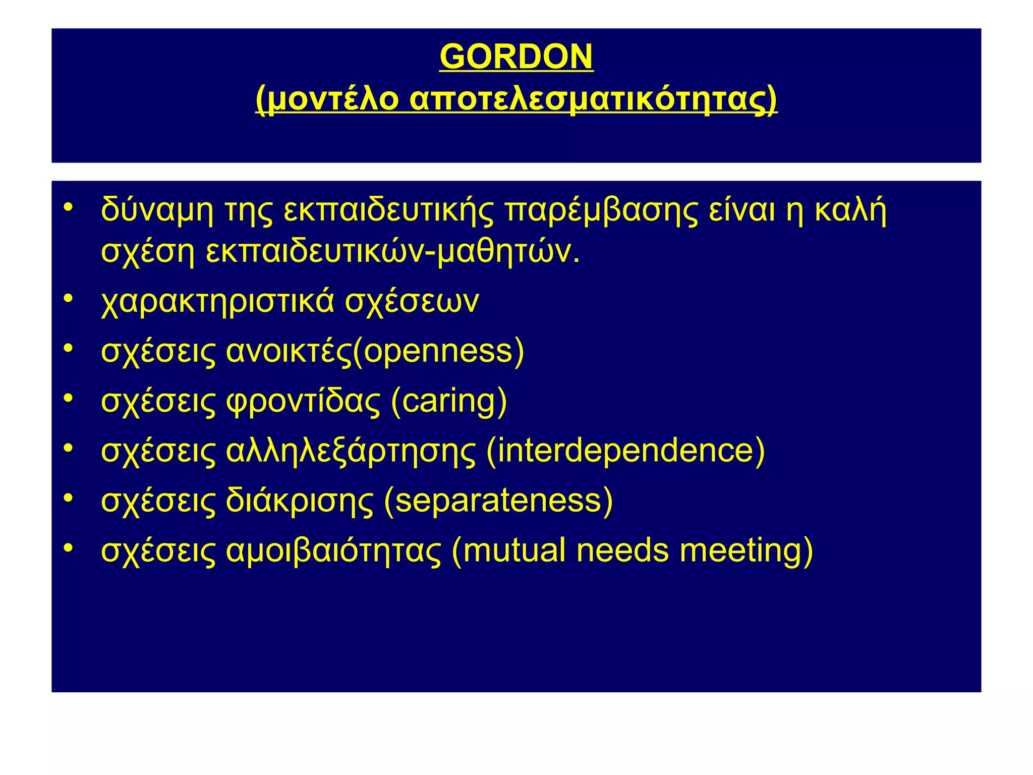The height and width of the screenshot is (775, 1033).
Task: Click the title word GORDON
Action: pos(516,57)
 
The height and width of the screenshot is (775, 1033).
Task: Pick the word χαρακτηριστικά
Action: pos(217,302)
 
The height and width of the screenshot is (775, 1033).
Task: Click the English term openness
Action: pos(438,351)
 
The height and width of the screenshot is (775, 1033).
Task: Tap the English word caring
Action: pos(448,402)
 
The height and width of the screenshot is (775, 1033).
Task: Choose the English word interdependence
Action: pos(625,450)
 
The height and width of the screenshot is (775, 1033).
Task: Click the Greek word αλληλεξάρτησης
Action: pos(351,451)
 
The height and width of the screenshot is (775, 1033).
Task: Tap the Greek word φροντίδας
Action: pos(303,402)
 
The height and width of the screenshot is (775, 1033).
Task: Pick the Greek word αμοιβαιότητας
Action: pos(333,550)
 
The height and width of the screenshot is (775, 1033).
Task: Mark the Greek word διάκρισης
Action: pos(300,501)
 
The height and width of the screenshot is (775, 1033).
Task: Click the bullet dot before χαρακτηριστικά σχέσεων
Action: pos(69,299)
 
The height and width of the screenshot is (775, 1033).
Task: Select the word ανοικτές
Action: pos(288,351)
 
